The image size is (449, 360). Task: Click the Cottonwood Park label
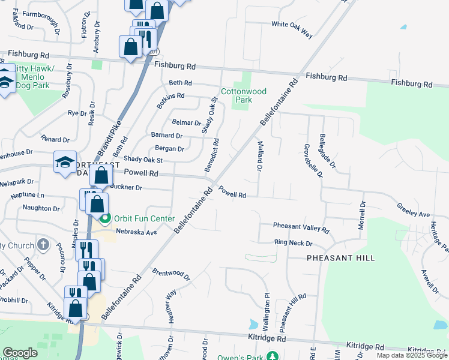244,95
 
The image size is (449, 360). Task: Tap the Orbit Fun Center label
145,218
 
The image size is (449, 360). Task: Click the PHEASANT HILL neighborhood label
340,258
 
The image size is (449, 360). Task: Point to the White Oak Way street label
292,29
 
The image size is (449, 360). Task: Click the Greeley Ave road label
413,210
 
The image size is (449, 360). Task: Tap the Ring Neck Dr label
293,243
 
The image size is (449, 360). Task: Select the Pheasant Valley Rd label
301,227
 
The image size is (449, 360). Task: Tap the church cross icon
43,244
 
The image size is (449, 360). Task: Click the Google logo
20,353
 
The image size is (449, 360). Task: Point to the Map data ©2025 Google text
412,356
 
